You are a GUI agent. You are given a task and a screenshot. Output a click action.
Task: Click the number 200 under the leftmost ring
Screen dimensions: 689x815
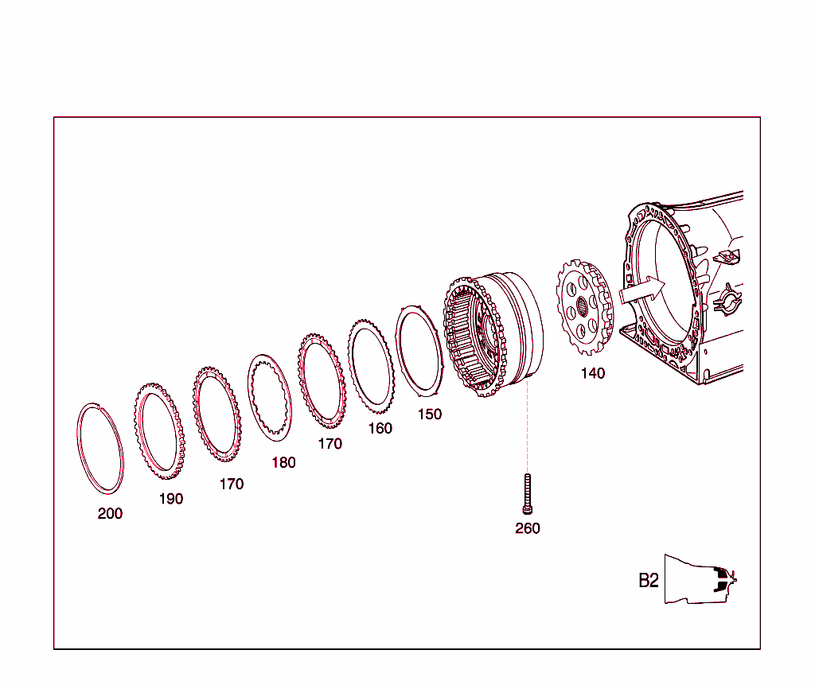[110, 514]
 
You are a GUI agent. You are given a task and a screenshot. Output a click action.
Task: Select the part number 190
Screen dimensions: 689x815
[170, 499]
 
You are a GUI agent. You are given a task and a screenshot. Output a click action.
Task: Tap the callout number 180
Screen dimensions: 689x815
[283, 462]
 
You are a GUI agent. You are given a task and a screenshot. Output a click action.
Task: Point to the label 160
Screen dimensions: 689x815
[380, 428]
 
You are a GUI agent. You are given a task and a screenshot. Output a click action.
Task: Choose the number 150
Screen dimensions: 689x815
[429, 415]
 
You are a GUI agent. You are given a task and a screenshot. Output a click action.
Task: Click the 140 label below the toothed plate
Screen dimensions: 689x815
[592, 373]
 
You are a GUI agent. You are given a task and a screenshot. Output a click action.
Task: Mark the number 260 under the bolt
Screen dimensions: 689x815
[528, 528]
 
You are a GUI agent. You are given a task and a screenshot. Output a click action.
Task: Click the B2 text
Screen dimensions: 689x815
[649, 581]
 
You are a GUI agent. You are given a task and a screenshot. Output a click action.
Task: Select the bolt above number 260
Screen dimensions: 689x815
[528, 493]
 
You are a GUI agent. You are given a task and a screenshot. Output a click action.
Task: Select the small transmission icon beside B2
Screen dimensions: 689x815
[700, 578]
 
